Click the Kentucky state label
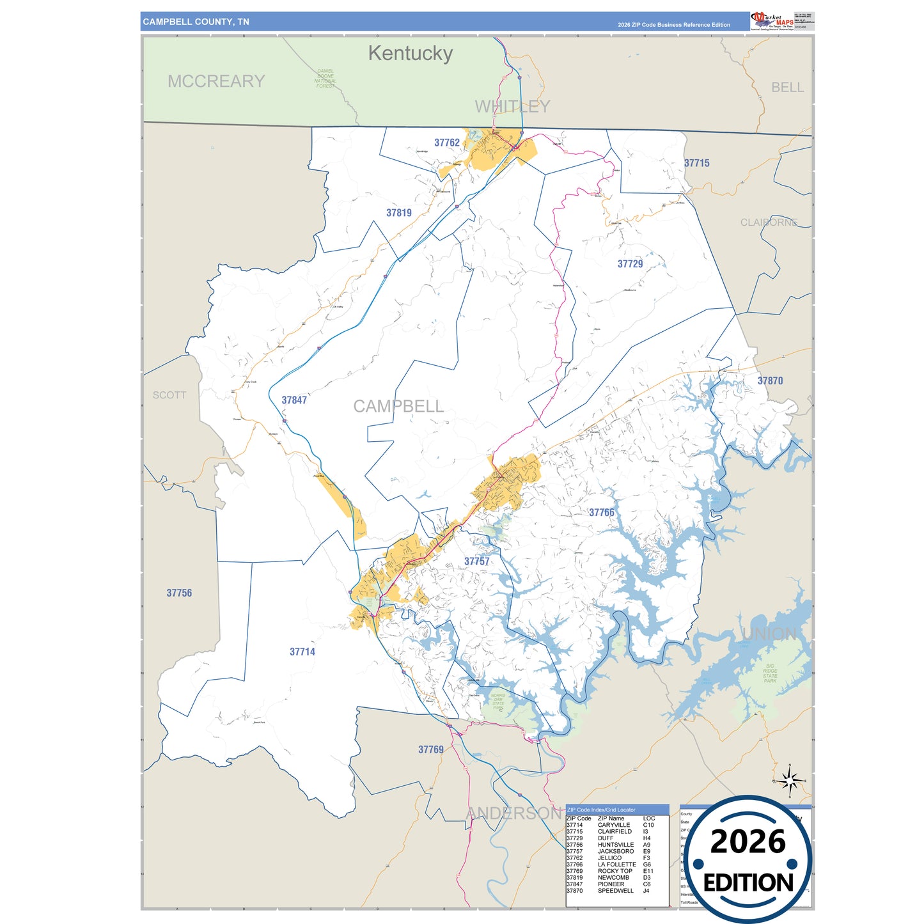(410, 53)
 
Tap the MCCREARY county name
(216, 81)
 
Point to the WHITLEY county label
(512, 106)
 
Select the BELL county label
(787, 88)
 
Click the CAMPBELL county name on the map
(398, 406)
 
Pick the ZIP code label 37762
(447, 143)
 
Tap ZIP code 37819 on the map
(399, 213)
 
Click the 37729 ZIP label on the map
(630, 263)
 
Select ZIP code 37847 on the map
(294, 400)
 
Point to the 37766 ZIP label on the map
(601, 512)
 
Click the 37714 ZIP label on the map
(302, 652)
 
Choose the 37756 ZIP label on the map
(179, 593)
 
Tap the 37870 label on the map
(770, 380)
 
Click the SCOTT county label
(169, 395)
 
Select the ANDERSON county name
(513, 813)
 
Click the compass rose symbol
(790, 780)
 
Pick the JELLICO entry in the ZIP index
(609, 857)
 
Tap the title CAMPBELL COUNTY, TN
(196, 22)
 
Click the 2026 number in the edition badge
(748, 842)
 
